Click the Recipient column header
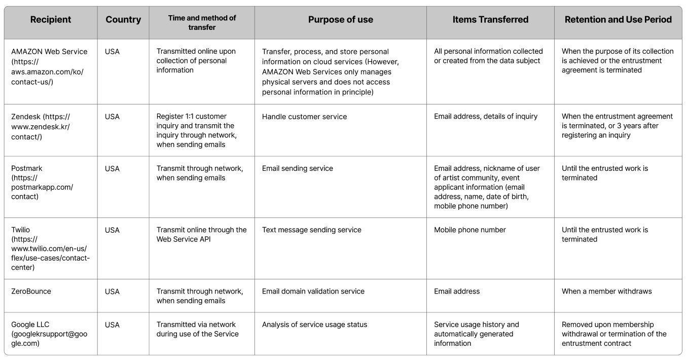coord(50,19)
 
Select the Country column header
coord(123,20)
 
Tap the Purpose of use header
coord(341,20)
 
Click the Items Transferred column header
coord(490,19)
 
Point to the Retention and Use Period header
coord(618,19)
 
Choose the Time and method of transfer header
coord(202,22)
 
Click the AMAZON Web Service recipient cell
coord(49,66)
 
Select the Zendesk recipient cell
coord(41,127)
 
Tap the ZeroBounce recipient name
coord(31,291)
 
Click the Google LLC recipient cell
coord(49,334)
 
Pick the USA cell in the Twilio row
coord(112,230)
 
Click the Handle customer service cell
coord(304,117)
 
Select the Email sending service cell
coord(297,168)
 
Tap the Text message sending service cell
coord(311,230)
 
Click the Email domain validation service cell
coord(313,291)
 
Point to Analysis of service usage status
coord(314,325)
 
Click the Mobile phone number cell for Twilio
coord(469,230)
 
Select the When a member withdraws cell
coord(606,291)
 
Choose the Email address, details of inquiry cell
coord(486,117)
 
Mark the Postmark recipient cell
coord(42,183)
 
